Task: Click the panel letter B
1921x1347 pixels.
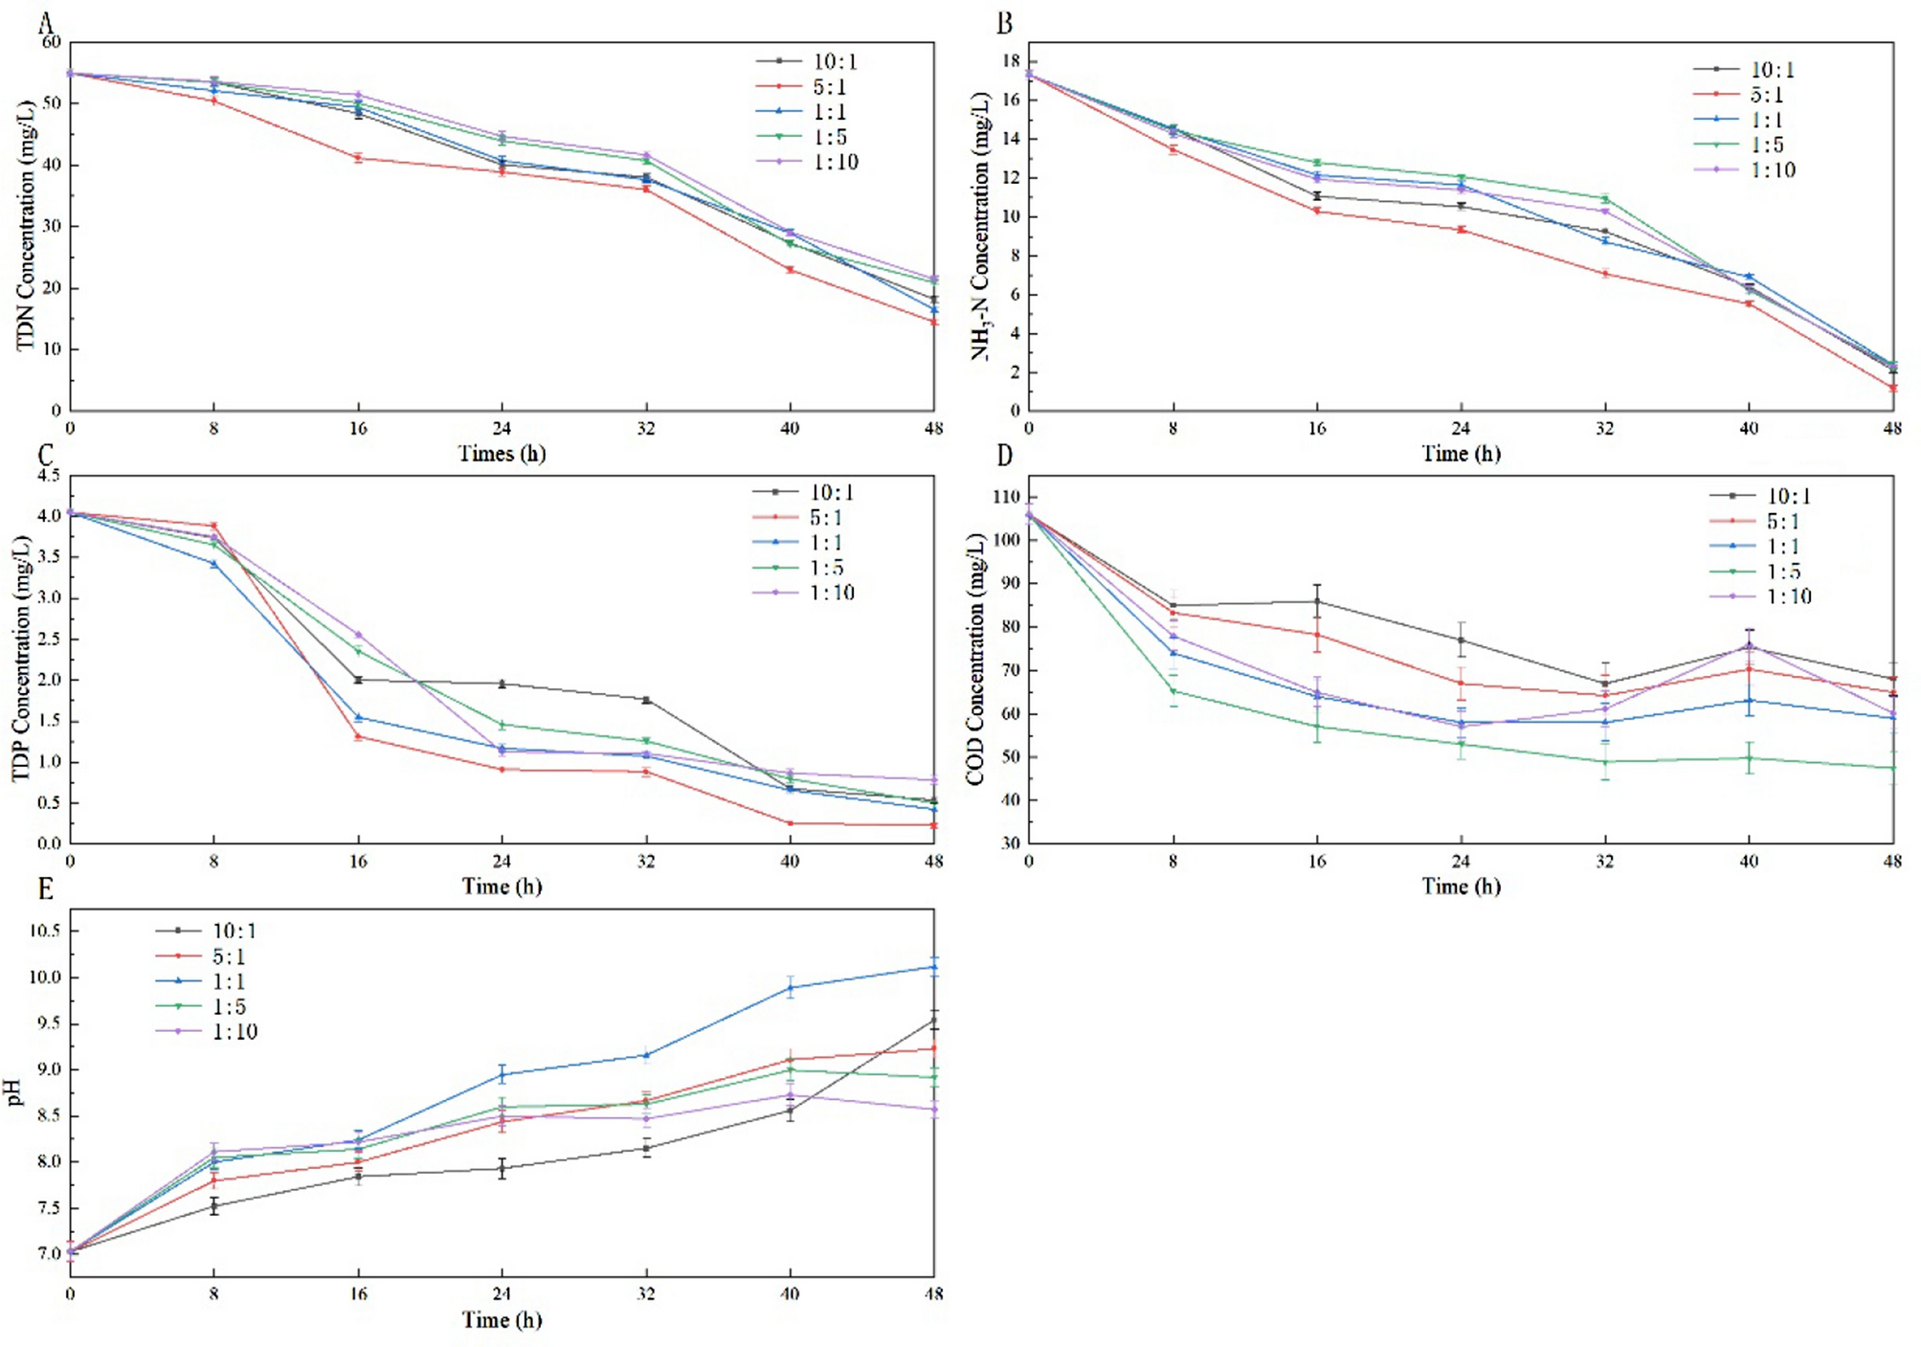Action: (1004, 23)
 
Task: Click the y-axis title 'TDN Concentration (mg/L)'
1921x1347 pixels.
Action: (26, 226)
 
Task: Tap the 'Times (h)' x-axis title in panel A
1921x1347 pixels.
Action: (502, 453)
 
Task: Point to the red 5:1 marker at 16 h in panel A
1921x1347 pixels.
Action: (358, 158)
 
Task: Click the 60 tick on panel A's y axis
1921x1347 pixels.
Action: (51, 42)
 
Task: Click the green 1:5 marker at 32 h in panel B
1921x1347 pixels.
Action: (1605, 199)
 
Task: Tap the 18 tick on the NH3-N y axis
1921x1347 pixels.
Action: (1010, 61)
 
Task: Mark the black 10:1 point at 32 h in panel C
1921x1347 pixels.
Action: (646, 700)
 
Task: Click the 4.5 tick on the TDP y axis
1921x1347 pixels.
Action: (48, 476)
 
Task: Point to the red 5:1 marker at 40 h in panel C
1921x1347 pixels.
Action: (790, 823)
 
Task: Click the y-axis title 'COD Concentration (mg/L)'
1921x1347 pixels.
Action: (975, 661)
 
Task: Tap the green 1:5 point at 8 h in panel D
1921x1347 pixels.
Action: (1173, 691)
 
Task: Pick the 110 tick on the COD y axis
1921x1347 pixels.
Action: (1006, 497)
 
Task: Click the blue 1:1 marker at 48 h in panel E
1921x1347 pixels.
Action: (933, 967)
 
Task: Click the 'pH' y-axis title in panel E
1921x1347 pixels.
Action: (15, 1092)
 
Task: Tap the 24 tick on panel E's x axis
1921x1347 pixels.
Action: (502, 1294)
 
